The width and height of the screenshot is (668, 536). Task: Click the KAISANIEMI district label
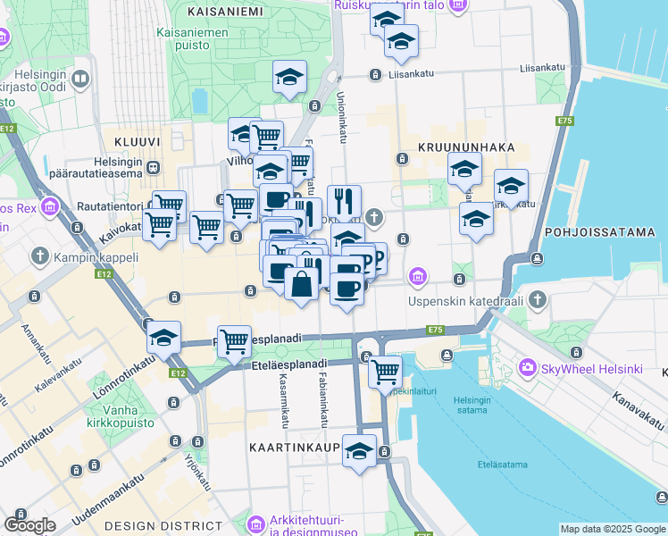226,12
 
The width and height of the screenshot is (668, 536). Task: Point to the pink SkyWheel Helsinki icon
528,368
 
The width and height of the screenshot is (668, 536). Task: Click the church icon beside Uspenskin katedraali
537,298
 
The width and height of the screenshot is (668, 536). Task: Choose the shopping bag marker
303,285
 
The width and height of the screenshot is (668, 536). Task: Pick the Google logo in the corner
29,524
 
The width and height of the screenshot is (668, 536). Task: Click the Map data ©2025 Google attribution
612,529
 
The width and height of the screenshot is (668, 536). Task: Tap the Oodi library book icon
81,80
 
